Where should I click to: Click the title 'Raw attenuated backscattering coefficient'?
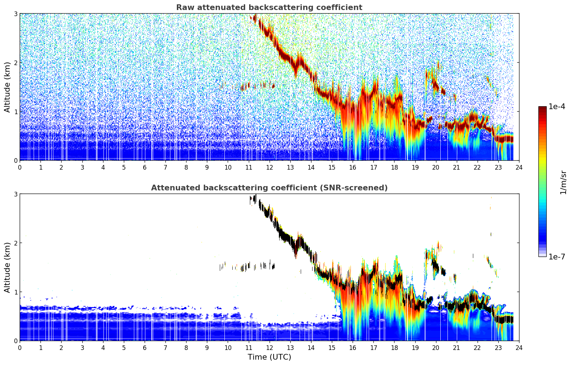coord(269,8)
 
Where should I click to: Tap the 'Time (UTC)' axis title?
coord(269,357)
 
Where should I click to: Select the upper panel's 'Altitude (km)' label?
coord(7,87)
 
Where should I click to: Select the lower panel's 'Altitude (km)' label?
coord(7,267)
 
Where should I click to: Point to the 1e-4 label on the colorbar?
coord(556,107)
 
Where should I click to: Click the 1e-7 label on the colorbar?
coord(556,257)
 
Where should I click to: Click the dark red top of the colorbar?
coord(542,108)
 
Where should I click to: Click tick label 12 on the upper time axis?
coord(270,167)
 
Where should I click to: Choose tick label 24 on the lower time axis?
coord(519,348)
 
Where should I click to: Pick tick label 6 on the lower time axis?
coord(145,348)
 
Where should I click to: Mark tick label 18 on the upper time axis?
coord(395,167)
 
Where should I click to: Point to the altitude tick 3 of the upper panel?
coord(15,14)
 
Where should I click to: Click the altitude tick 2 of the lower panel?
coord(15,243)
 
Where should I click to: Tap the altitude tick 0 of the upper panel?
coord(15,160)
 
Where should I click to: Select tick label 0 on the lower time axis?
coord(20,348)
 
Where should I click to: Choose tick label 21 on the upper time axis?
coord(456,167)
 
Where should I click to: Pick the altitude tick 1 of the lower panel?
coord(15,292)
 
